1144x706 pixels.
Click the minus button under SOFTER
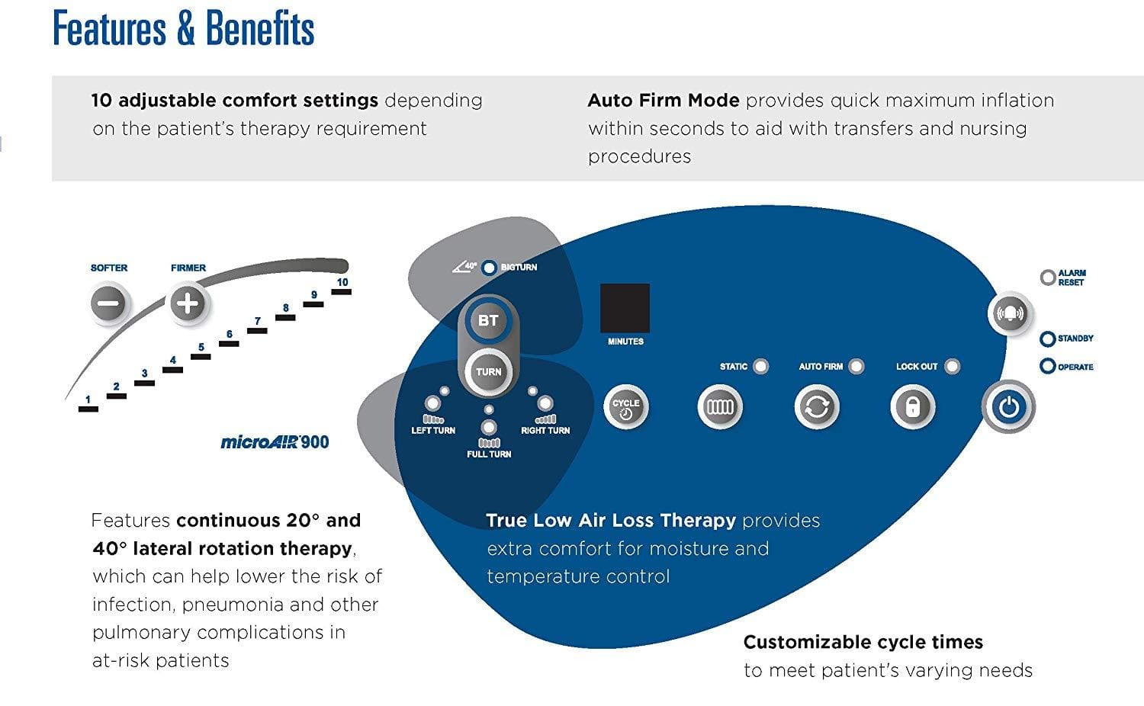coord(108,303)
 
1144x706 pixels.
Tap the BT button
coord(488,321)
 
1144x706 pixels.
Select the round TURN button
coord(488,372)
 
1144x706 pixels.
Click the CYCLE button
coord(625,407)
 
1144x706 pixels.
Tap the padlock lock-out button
coord(912,407)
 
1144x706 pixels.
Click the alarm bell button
coord(1010,313)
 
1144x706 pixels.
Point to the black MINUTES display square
coord(625,308)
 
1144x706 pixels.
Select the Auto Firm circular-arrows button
coord(816,407)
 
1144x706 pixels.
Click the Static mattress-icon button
coord(719,407)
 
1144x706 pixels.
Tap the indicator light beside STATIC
coord(760,367)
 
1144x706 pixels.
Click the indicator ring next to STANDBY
coord(1048,339)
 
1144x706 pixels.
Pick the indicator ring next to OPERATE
coord(1048,367)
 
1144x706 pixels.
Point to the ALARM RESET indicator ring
coord(1048,278)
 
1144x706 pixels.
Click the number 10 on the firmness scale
coord(342,282)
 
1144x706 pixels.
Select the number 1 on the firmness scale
coord(88,400)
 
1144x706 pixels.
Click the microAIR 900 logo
coord(275,441)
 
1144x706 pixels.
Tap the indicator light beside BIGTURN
coord(490,268)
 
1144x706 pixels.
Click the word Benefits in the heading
coord(259,29)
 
